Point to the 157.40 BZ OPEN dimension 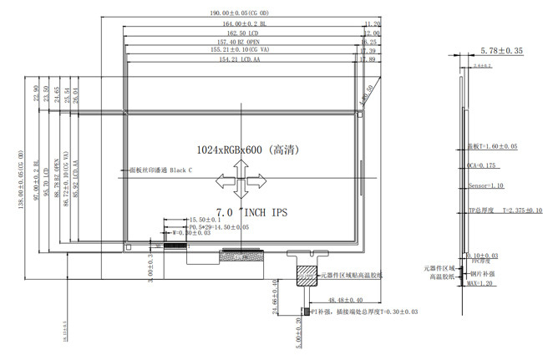(x=238, y=42)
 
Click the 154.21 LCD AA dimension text (x=239, y=60)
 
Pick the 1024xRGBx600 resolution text (x=247, y=151)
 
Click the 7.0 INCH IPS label (x=251, y=214)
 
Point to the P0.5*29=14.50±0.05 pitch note (x=218, y=227)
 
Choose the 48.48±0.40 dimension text (x=344, y=299)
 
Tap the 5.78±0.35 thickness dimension (x=502, y=51)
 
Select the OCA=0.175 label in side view (x=482, y=165)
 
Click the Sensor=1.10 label (x=486, y=187)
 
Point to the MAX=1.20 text (x=480, y=285)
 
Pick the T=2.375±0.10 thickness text (x=516, y=211)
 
